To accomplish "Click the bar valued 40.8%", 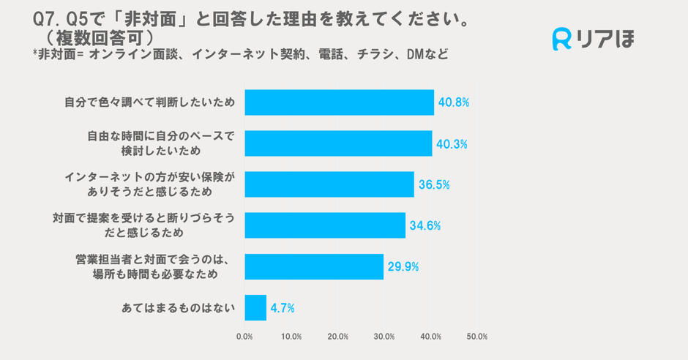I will (x=339, y=102).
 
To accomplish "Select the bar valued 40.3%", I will (x=338, y=143).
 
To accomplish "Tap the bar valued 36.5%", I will (x=329, y=184).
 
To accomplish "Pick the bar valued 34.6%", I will (x=325, y=225).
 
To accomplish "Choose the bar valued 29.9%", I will (x=314, y=266).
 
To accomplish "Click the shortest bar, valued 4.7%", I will (x=255, y=308).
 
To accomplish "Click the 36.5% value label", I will (x=434, y=185).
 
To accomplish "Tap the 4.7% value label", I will (x=282, y=308).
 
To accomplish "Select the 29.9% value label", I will (x=403, y=267).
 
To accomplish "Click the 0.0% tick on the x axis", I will (x=245, y=337).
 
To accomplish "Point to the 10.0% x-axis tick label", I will (x=291, y=337).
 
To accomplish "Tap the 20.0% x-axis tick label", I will (x=338, y=337).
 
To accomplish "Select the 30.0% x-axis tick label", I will (x=384, y=337).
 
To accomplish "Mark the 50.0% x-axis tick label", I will (x=477, y=337).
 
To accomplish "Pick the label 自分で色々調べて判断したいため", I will (x=149, y=102).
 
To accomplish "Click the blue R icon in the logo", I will (x=561, y=40).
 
